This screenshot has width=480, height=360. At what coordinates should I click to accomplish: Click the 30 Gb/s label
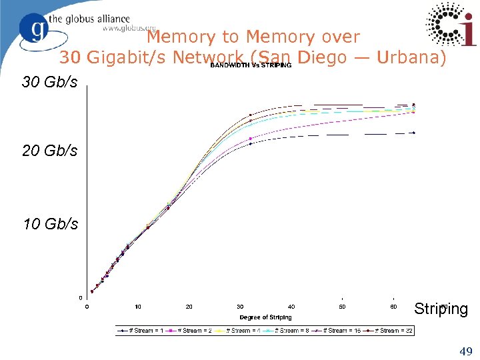pos(50,83)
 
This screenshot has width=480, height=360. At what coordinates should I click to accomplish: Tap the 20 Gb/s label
pos(50,151)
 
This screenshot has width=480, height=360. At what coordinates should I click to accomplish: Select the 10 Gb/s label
pos(50,224)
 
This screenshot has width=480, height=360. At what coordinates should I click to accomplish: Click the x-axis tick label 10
pos(137,307)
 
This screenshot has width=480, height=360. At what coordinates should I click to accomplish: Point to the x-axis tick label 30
pos(240,307)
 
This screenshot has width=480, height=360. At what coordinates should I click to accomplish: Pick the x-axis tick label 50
pos(342,307)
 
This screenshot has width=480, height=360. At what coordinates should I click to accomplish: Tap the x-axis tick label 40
pos(291,307)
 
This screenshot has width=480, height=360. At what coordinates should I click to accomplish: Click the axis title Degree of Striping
pos(265,317)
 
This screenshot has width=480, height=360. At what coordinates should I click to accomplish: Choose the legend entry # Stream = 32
pos(396,331)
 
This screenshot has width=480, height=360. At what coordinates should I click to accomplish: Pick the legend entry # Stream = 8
pos(294,331)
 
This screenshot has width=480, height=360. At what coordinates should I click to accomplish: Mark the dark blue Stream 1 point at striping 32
pos(250,143)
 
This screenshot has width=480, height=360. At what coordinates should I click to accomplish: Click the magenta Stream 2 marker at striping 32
pos(250,139)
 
